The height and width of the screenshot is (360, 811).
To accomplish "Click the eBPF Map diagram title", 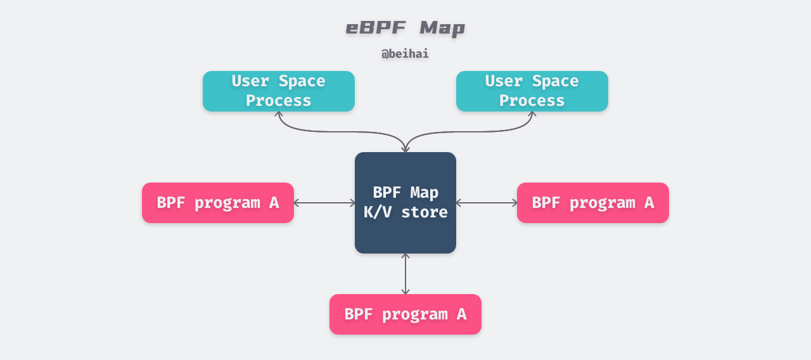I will click(405, 28).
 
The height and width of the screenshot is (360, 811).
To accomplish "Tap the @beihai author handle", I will click(405, 54).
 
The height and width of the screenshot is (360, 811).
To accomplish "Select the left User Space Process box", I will click(279, 91).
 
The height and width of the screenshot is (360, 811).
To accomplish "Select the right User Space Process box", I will click(532, 91).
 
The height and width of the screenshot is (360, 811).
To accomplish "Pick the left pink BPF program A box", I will click(218, 203).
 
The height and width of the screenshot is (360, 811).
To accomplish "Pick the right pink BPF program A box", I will click(593, 203).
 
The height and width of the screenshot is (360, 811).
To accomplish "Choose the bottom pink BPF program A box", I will click(405, 314).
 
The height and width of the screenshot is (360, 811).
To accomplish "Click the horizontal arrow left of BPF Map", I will click(324, 203).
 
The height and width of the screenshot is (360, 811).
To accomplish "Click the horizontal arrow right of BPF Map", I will click(487, 203).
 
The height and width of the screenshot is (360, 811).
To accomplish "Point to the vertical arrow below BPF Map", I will click(405, 274).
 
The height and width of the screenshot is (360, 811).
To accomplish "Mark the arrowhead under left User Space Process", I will click(279, 114).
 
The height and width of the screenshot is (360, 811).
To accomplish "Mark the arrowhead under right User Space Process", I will click(532, 114).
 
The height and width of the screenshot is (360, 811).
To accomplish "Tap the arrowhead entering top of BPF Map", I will click(405, 150).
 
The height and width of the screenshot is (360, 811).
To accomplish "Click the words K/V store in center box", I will click(405, 212).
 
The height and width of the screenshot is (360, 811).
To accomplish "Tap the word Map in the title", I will click(442, 28).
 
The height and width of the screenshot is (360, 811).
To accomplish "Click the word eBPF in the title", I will click(375, 28).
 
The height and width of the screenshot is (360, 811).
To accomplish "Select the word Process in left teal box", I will click(279, 101).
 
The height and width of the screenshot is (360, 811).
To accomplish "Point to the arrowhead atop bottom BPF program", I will click(405, 292).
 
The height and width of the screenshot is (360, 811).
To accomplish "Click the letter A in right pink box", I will click(648, 203).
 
